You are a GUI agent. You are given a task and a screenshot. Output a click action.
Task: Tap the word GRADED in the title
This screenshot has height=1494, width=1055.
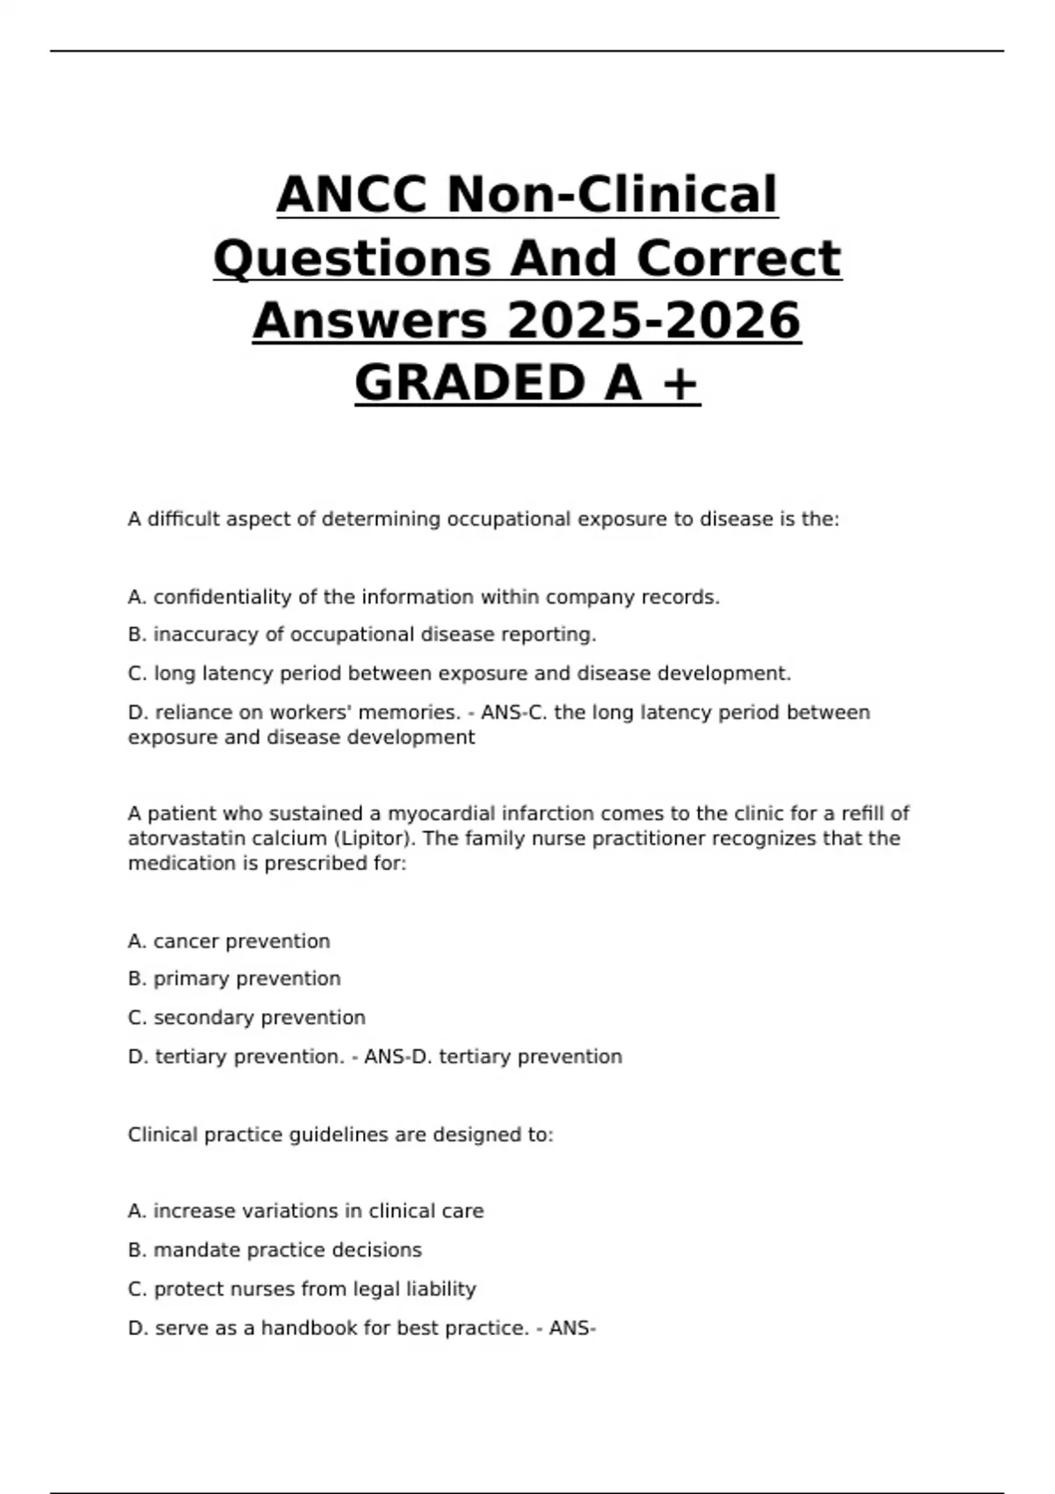click(469, 383)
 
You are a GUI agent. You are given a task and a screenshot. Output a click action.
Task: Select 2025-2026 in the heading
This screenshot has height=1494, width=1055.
click(653, 320)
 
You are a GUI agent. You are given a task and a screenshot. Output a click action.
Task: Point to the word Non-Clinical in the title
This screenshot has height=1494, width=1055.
click(612, 194)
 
